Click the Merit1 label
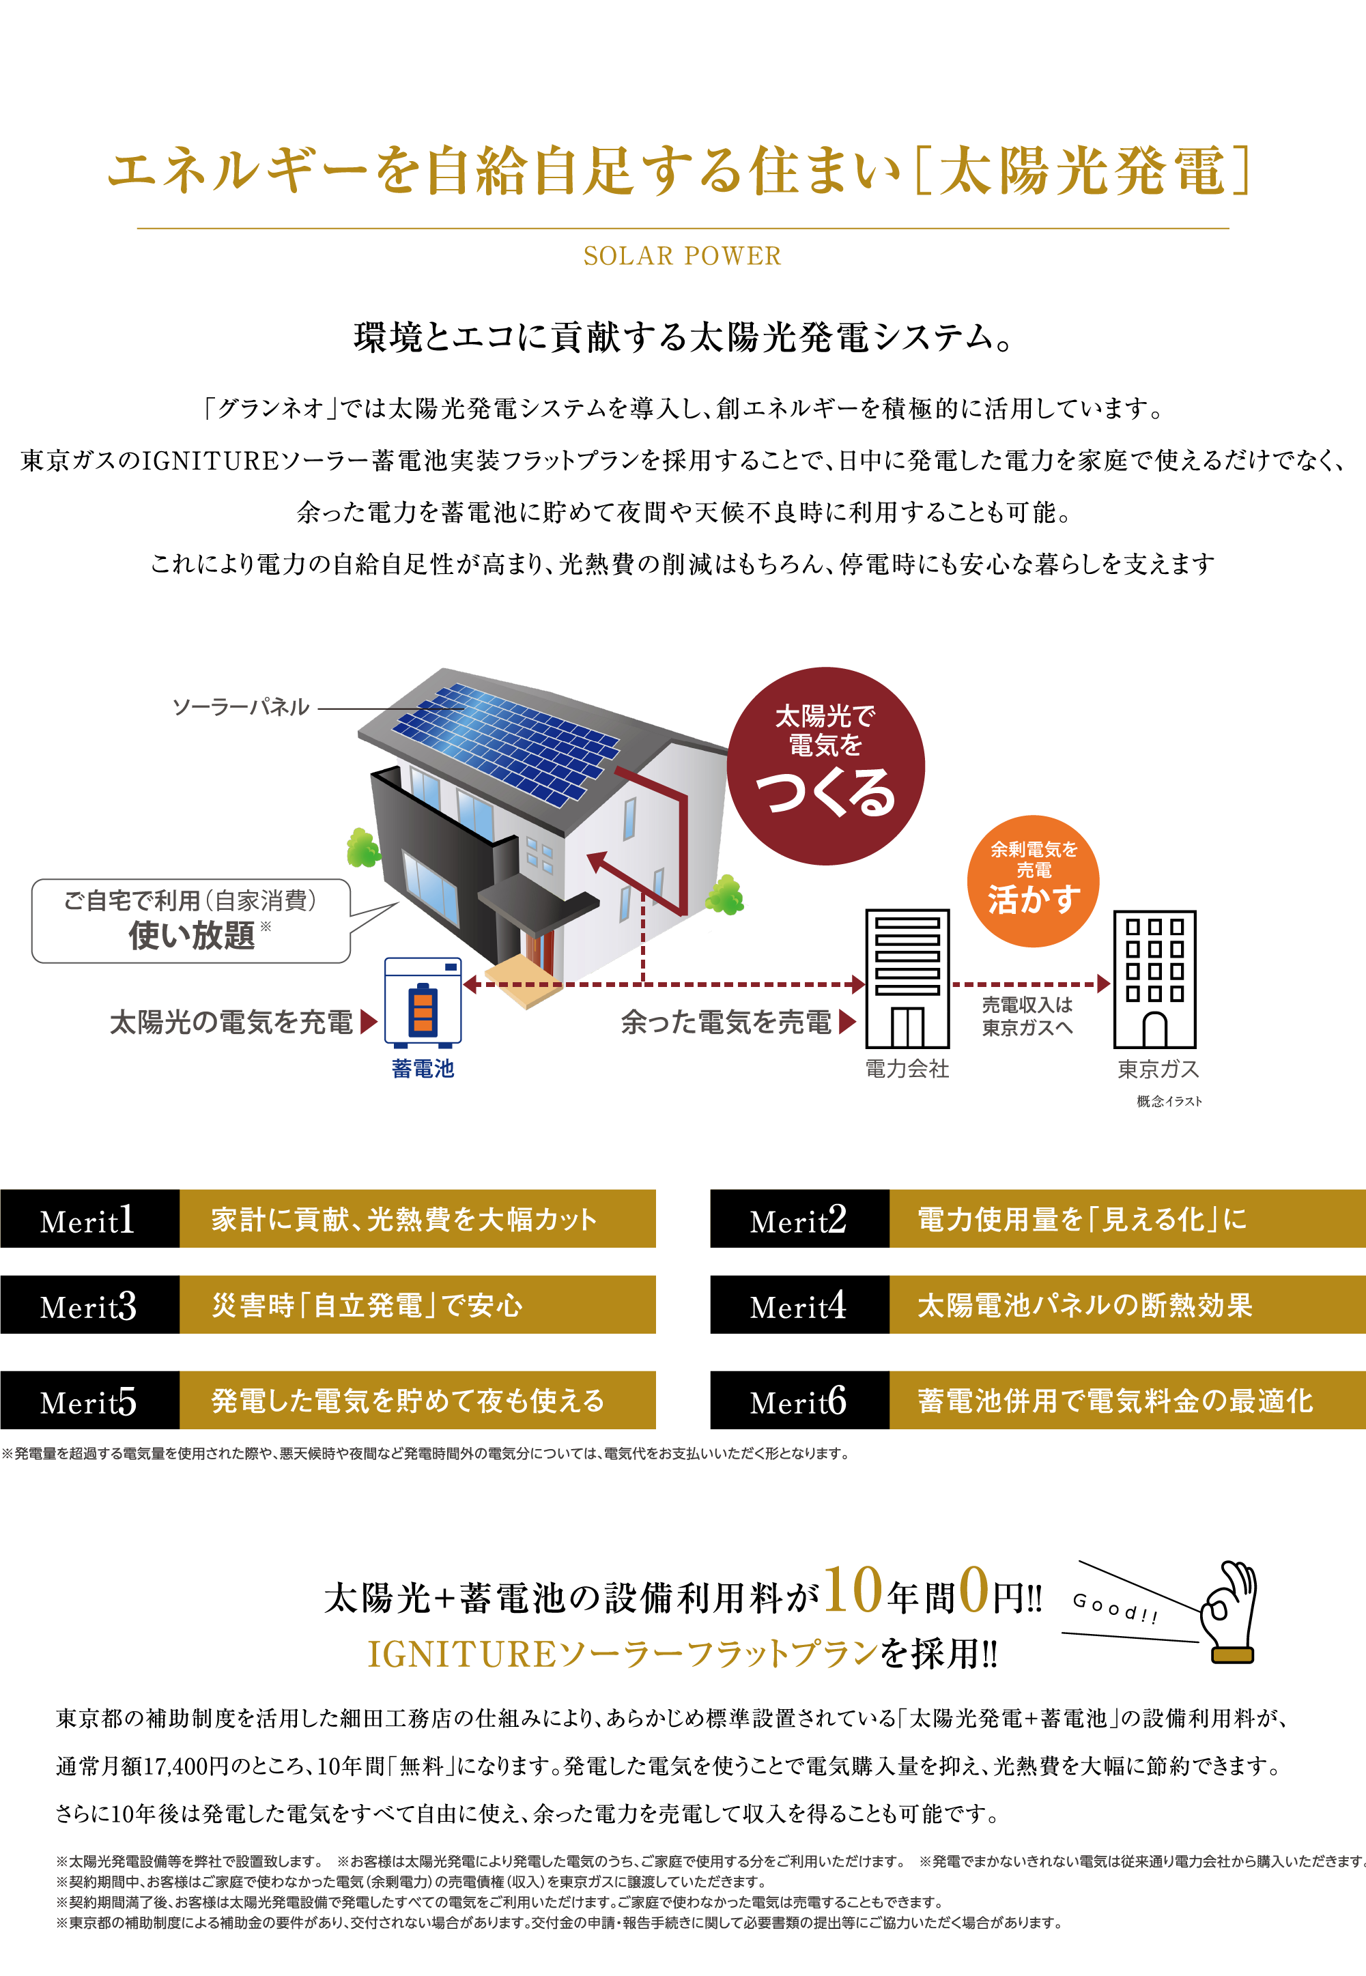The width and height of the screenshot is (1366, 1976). pos(87,1221)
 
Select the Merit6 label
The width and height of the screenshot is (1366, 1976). pos(798,1402)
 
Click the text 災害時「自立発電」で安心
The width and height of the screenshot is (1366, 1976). pos(367,1306)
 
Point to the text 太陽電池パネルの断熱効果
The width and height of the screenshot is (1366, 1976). pos(1085,1306)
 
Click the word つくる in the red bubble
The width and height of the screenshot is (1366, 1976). pos(825,792)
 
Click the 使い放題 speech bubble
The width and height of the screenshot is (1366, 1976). pos(191,921)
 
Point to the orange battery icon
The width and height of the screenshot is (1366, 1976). pos(423,1010)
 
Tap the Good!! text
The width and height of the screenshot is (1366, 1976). pos(1115,1608)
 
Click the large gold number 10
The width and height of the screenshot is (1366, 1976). pos(853,1592)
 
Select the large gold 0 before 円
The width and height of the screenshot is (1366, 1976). pos(974,1592)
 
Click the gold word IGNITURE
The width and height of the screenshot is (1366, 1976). pos(461,1655)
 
